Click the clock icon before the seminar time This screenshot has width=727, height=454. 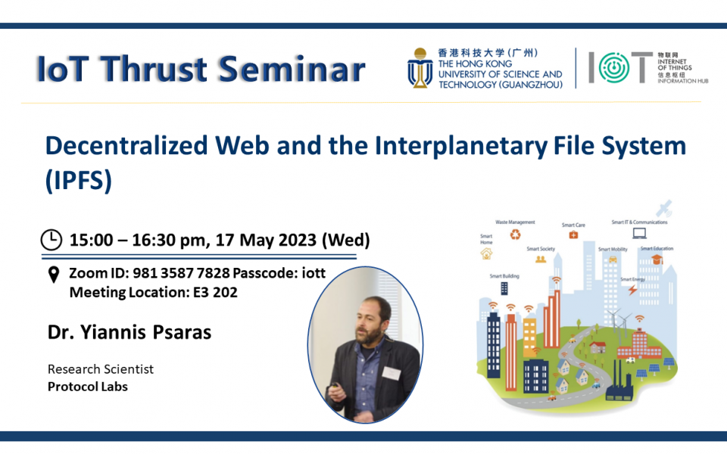point(51,240)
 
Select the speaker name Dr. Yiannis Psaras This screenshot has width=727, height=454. point(129,332)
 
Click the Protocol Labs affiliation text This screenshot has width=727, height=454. point(87,386)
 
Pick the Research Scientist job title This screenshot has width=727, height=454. point(100,369)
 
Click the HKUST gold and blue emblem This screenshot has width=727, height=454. point(420,68)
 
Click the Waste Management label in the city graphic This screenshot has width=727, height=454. point(515,222)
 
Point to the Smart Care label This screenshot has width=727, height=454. point(573,225)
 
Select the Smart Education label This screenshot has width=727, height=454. point(656,248)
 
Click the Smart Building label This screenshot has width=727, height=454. point(504,276)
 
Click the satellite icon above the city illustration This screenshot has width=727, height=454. point(664,207)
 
